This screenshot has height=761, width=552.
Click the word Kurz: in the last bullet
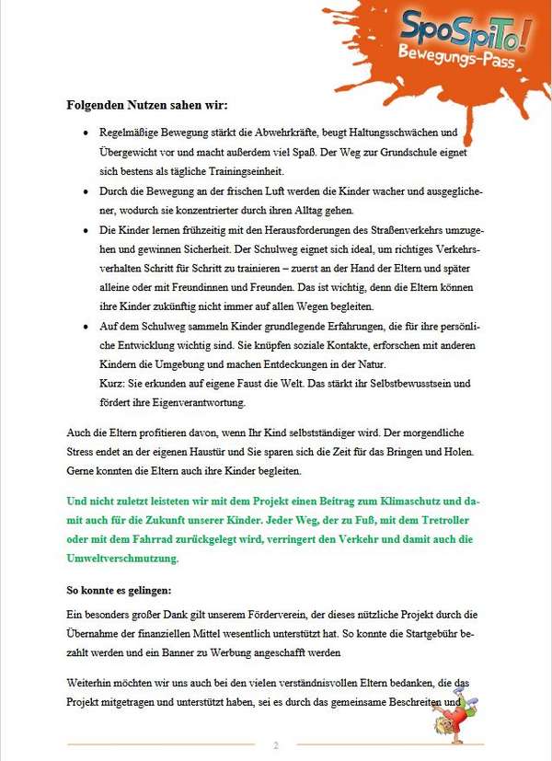click(112, 383)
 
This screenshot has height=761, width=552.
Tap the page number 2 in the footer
click(275, 744)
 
